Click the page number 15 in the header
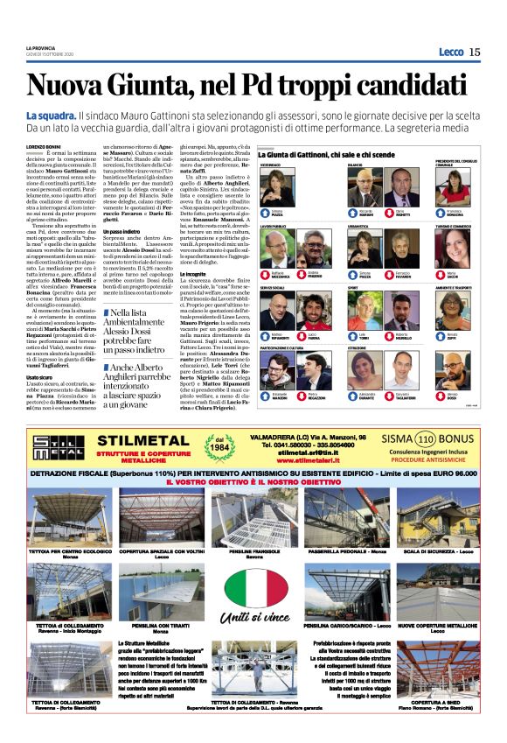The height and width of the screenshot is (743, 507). pos(475,52)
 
